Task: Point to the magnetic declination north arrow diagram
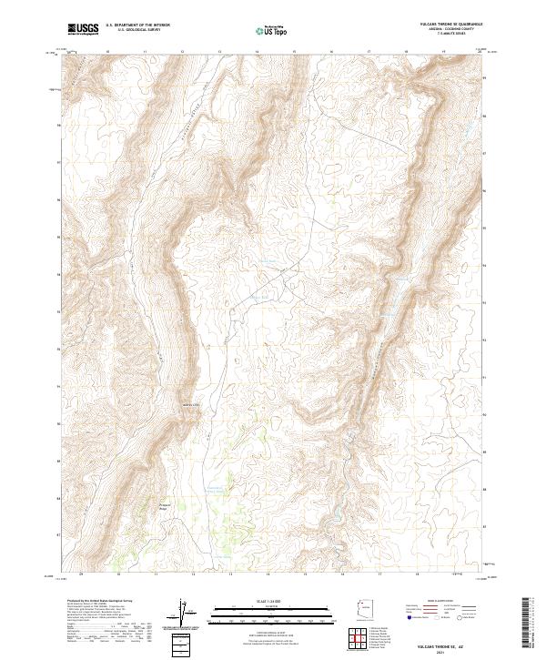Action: [187, 613]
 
